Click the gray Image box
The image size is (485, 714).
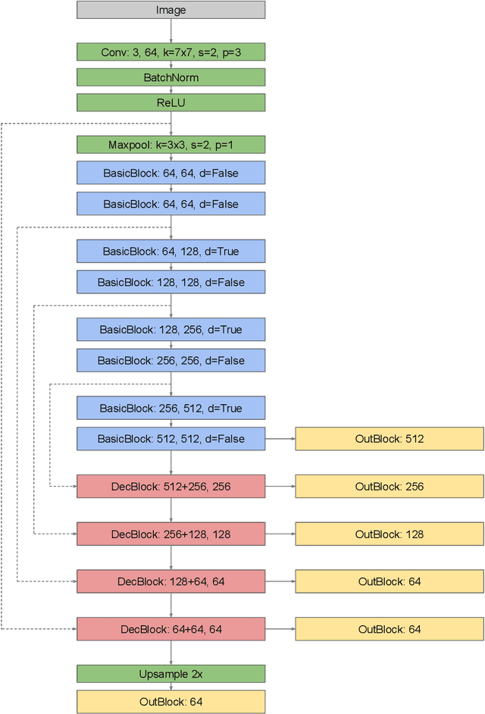click(171, 10)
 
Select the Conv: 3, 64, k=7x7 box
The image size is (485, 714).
click(171, 52)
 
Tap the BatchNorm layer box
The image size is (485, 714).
click(171, 77)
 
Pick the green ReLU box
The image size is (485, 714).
click(171, 102)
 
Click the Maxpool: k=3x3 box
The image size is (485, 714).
click(171, 145)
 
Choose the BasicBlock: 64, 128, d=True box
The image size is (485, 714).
click(171, 251)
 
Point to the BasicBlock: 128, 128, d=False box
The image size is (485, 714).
click(171, 282)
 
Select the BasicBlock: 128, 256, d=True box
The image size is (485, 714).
click(171, 330)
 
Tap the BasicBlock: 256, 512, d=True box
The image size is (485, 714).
click(171, 408)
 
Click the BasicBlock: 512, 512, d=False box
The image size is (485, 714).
click(171, 439)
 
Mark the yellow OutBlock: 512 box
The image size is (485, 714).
click(389, 439)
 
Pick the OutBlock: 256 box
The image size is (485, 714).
click(389, 487)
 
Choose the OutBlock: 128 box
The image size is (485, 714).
click(389, 534)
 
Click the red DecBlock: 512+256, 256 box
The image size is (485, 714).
click(171, 487)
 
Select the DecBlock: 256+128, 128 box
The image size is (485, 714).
click(171, 534)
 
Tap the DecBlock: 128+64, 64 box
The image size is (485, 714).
click(171, 581)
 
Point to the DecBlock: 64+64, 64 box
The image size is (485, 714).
click(171, 629)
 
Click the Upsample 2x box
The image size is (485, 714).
click(171, 674)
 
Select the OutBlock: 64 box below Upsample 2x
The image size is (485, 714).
click(171, 702)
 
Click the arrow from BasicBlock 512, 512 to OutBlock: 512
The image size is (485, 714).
click(280, 439)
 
